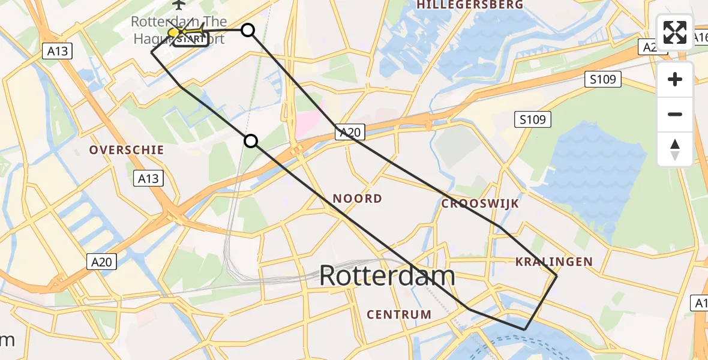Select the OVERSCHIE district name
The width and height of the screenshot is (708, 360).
pyautogui.click(x=127, y=150)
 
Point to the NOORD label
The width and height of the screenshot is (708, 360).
pyautogui.click(x=357, y=199)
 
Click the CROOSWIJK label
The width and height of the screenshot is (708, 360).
pyautogui.click(x=480, y=204)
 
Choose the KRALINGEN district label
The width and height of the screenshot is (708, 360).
pyautogui.click(x=554, y=262)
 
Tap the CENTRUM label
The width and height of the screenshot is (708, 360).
pyautogui.click(x=399, y=314)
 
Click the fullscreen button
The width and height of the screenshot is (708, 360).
pyautogui.click(x=675, y=32)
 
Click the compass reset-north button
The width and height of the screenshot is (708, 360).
pyautogui.click(x=675, y=149)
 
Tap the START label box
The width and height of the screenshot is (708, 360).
pyautogui.click(x=191, y=40)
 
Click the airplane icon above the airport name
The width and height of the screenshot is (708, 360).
pyautogui.click(x=178, y=5)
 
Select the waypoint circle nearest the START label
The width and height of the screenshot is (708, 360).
pyautogui.click(x=248, y=30)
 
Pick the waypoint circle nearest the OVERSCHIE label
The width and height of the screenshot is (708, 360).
pyautogui.click(x=251, y=141)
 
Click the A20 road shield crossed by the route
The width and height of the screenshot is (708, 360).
pyautogui.click(x=349, y=133)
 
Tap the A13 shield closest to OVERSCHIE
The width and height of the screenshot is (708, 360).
pyautogui.click(x=148, y=178)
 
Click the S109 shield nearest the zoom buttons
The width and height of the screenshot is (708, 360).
pyautogui.click(x=602, y=79)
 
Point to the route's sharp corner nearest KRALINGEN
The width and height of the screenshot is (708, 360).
pyautogui.click(x=556, y=276)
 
